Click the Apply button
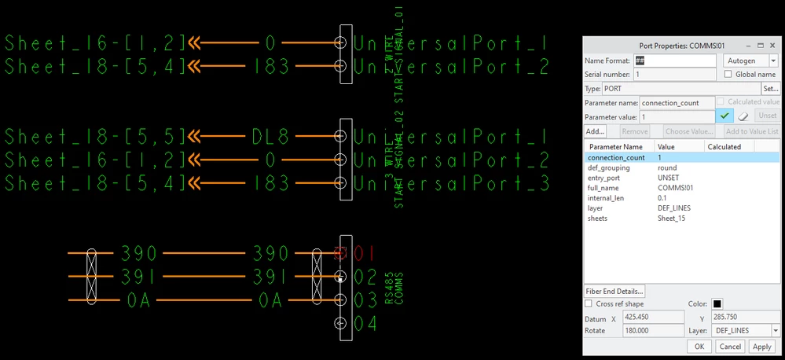(761, 346)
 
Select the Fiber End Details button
(614, 291)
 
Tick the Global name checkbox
(728, 74)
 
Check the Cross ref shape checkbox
(589, 303)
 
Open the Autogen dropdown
(750, 61)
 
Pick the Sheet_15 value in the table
(672, 219)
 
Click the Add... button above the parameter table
(595, 131)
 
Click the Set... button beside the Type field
(770, 89)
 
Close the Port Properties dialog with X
(772, 46)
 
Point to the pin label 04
(366, 323)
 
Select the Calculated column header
(724, 146)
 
